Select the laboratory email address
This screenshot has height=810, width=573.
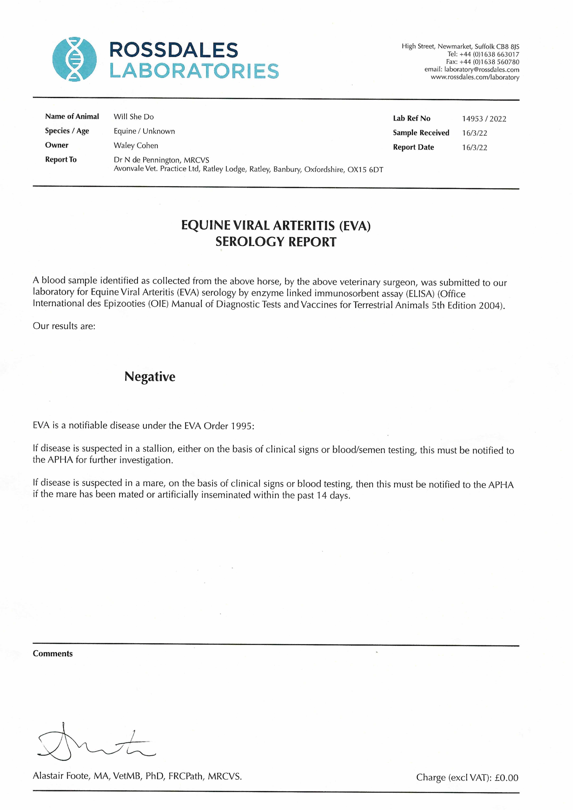click(x=482, y=69)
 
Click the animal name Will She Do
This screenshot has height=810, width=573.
click(x=133, y=117)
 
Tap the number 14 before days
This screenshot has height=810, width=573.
click(x=321, y=495)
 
